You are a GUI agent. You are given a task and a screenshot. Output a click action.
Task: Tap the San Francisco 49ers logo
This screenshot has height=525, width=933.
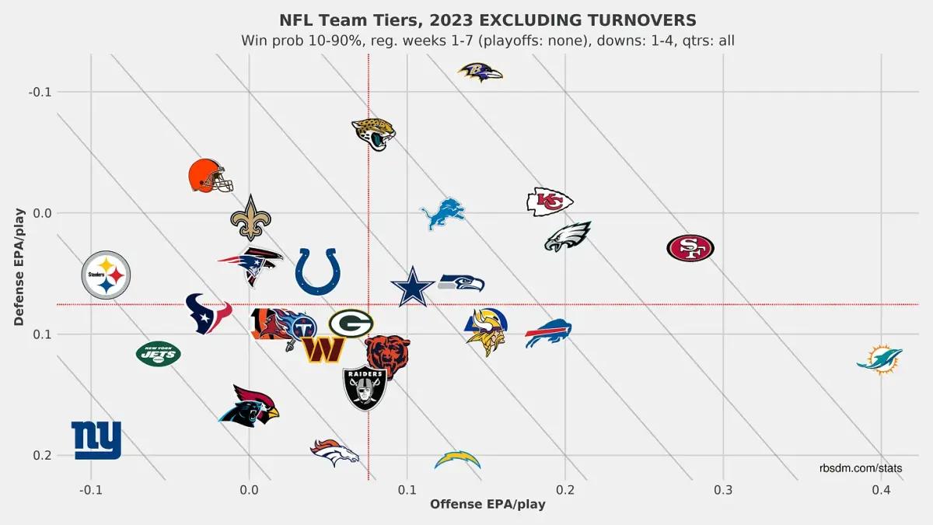coord(690,248)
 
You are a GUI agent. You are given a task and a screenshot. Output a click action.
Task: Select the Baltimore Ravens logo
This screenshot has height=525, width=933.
coord(480,72)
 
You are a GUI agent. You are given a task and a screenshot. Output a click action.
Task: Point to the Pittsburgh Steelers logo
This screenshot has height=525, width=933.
coord(107,275)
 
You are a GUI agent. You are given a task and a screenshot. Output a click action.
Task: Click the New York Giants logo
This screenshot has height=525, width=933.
coord(96,440)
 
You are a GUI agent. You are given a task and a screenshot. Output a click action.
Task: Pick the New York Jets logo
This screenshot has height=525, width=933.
coord(159,354)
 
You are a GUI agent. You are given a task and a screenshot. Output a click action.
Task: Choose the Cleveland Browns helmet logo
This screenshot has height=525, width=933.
coord(211,176)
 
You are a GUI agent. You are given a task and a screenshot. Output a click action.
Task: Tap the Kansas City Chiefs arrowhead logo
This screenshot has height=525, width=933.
coord(550,201)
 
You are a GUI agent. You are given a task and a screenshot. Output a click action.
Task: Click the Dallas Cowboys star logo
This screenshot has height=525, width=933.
coord(413,286)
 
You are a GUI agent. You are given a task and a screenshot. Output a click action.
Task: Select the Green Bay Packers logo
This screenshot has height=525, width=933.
coord(351,324)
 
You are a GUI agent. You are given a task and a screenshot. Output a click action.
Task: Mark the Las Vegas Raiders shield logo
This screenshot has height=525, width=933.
coord(365,387)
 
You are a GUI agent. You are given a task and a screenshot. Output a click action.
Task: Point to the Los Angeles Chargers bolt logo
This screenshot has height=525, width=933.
coord(457,460)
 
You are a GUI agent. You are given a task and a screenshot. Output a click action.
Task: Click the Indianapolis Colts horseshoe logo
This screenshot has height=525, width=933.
coord(317,271)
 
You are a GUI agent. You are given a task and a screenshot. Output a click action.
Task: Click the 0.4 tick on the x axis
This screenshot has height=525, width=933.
coord(881,491)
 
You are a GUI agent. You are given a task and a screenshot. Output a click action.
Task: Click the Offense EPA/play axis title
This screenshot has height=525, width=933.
coord(487,504)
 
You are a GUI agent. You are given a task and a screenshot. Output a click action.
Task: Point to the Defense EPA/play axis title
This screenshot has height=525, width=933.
coord(21,265)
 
